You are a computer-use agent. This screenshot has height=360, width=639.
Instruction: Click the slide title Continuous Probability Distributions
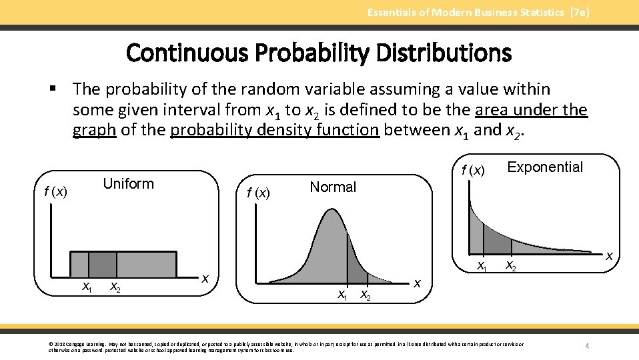318,52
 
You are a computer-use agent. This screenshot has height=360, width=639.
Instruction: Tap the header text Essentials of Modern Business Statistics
478,12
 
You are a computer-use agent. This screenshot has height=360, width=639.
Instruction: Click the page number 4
587,346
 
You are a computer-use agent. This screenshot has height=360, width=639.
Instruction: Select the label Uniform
128,184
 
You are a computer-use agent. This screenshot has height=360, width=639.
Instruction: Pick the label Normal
333,187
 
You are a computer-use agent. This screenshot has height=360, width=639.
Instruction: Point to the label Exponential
545,167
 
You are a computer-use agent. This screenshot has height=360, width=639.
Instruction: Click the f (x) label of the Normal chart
258,193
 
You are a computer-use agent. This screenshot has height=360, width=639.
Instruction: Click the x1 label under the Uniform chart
87,287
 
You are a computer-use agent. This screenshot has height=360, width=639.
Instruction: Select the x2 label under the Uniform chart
115,287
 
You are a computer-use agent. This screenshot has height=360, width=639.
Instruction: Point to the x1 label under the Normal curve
343,294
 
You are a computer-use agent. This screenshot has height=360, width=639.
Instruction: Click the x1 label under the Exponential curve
482,266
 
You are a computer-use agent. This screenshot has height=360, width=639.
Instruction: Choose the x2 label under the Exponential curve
510,265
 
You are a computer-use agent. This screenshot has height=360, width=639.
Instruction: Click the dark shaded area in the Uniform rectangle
102,264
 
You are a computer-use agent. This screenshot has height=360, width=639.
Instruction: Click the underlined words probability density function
275,130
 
